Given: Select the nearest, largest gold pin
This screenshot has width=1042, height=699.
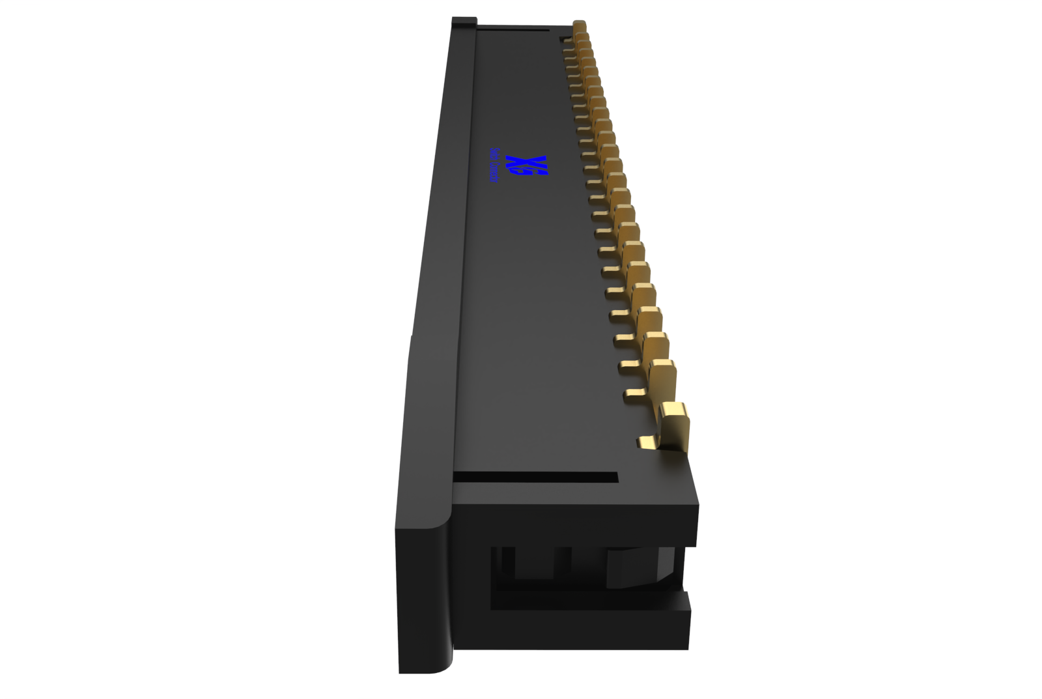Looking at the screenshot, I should coord(675,426).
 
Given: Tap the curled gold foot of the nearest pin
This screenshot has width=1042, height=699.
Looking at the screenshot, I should coord(647,443).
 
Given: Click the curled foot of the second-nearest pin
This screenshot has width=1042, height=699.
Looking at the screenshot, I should coord(634,393).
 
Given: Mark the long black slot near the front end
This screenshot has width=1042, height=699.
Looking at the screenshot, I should coord(535,478).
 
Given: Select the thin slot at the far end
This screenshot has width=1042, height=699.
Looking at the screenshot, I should coord(514,29).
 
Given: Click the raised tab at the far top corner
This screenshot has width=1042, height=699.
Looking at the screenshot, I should coord(464,21).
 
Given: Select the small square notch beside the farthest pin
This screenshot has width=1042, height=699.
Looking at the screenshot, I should coord(564,39).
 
